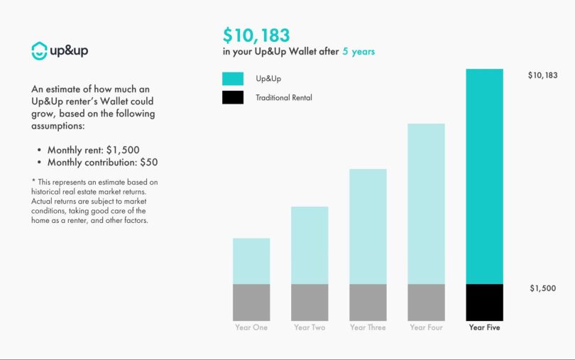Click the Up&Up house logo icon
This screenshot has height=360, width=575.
coord(40,50)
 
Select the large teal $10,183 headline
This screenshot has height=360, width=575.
coord(256,35)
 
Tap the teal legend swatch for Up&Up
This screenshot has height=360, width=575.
coord(233,78)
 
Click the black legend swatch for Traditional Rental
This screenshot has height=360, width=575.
coord(233,97)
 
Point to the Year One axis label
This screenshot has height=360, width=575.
coord(251,328)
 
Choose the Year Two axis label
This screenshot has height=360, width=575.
coord(310,328)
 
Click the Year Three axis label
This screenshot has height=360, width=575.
coord(368,328)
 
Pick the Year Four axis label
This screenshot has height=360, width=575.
coord(426,328)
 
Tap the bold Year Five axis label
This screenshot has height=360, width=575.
coord(484,328)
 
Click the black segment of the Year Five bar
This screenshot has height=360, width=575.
coord(484,302)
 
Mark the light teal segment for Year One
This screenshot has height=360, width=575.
coord(251,261)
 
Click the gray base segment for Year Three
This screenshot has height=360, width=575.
coord(368,302)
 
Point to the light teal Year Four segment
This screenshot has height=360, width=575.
coord(426,204)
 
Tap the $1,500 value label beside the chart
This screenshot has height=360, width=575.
coord(542,289)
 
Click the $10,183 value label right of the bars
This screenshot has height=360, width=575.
coord(542,75)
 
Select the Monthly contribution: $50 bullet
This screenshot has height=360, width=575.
coord(102,163)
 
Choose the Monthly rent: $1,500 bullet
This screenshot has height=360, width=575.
coord(93,150)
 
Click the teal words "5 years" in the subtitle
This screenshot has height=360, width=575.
coord(358,52)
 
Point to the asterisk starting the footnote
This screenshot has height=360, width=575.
coord(33,182)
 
